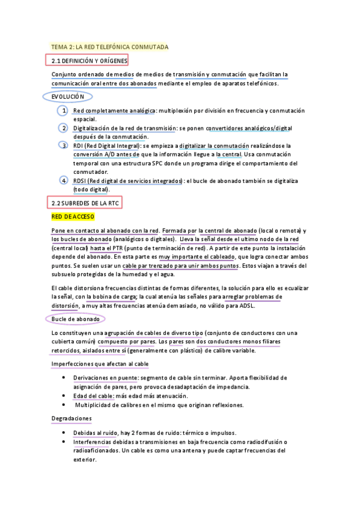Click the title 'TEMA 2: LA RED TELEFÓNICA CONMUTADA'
pyautogui.click(x=109, y=47)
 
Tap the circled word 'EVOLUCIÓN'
pyautogui.click(x=67, y=96)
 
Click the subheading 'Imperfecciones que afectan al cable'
pyautogui.click(x=100, y=364)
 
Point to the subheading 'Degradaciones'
pyautogui.click(x=72, y=418)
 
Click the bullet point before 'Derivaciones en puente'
pyautogui.click(x=64, y=378)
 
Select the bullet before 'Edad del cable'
pyautogui.click(x=64, y=396)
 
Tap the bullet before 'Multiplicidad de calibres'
pyautogui.click(x=64, y=405)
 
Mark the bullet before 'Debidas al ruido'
pyautogui.click(x=64, y=432)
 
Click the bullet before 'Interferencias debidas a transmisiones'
pyautogui.click(x=64, y=441)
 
